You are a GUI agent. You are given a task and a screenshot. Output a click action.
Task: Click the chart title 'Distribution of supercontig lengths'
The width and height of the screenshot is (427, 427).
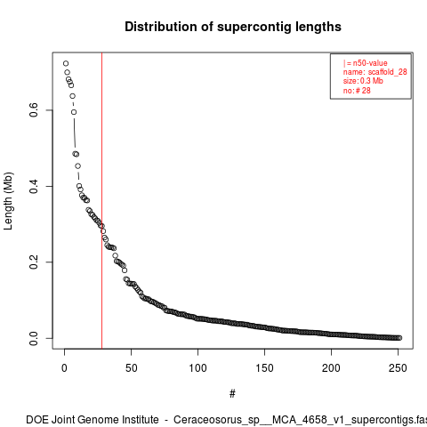click(x=233, y=27)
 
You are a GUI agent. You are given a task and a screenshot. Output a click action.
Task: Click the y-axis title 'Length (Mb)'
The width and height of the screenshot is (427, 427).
click(x=9, y=201)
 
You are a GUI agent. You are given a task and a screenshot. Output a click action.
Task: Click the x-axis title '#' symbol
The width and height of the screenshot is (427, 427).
click(x=232, y=394)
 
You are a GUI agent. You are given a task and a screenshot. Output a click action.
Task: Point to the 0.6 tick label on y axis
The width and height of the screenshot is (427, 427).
click(x=34, y=110)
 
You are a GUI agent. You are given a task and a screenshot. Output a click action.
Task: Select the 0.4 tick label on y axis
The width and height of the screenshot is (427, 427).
click(x=34, y=186)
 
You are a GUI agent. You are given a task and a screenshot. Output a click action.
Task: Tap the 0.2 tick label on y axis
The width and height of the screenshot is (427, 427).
click(x=34, y=262)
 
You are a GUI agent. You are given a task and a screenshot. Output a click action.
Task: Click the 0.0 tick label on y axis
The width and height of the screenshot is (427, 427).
click(x=34, y=338)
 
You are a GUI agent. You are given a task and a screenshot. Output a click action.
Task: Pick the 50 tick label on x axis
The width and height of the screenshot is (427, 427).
click(x=131, y=368)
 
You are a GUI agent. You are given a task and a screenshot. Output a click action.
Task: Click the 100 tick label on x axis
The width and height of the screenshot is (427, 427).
click(x=197, y=368)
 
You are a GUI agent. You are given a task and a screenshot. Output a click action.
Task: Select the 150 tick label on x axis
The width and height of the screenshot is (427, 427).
click(x=264, y=368)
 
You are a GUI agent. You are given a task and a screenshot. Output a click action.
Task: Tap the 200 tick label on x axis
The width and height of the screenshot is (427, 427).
click(x=331, y=368)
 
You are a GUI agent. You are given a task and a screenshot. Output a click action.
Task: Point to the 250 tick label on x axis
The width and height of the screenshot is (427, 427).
click(x=398, y=368)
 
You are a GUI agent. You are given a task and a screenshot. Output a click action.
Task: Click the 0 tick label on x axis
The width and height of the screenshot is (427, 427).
click(x=64, y=368)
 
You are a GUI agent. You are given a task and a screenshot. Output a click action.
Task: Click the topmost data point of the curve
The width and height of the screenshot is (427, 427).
click(x=66, y=63)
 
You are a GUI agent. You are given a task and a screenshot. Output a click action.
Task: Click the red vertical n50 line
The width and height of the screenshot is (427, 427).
click(x=101, y=201)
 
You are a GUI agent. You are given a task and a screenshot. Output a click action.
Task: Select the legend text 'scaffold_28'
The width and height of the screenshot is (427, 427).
click(x=387, y=72)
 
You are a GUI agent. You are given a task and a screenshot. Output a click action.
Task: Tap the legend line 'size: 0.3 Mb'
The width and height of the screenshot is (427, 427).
click(x=363, y=81)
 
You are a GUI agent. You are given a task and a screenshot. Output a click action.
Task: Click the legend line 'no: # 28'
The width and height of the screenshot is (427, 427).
click(x=357, y=90)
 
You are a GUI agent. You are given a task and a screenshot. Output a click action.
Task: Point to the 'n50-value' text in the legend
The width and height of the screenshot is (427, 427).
click(x=370, y=63)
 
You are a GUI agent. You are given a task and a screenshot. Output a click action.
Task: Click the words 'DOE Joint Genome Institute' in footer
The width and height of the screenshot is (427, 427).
click(x=93, y=420)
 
